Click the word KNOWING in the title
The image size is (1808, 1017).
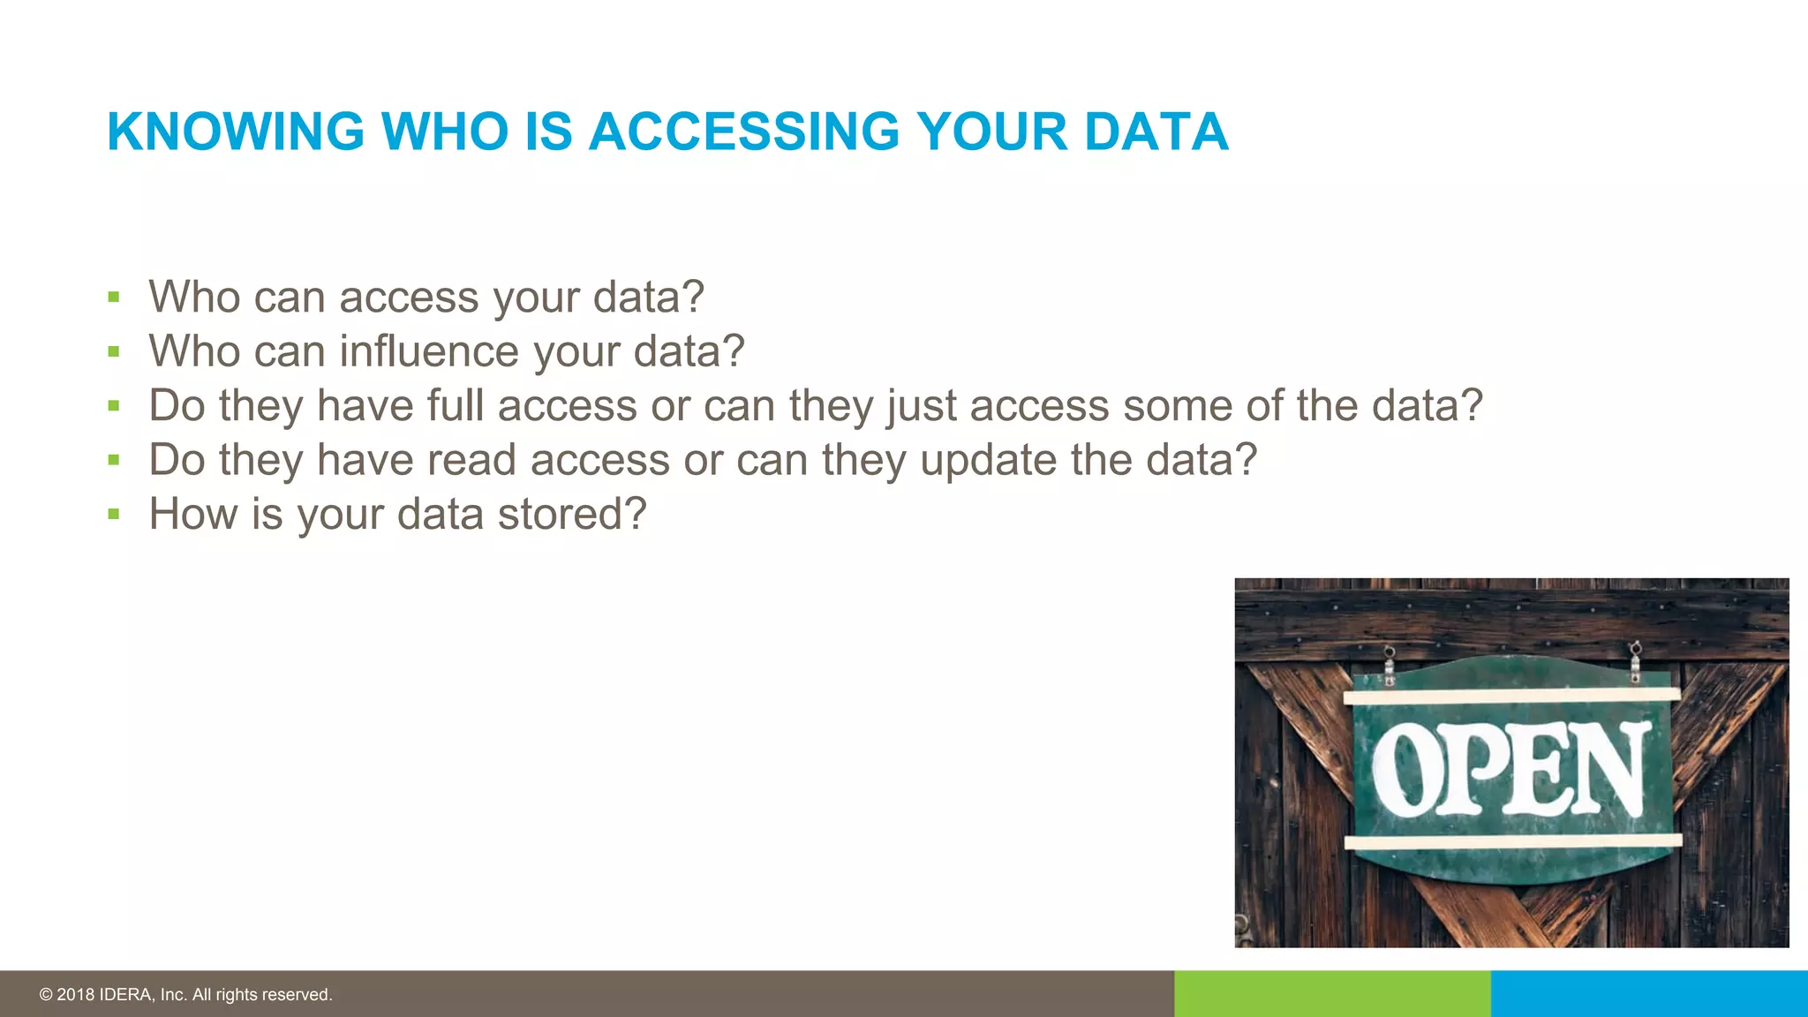[x=236, y=132]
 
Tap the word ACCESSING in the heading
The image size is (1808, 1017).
[x=744, y=132]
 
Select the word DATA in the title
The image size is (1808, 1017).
[x=1156, y=132]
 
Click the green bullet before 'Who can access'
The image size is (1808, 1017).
[x=113, y=298]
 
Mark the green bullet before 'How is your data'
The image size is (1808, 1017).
[x=113, y=515]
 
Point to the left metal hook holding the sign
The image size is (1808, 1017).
[x=1390, y=665]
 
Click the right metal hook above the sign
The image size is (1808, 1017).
[x=1635, y=661]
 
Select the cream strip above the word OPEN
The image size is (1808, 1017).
[x=1511, y=697]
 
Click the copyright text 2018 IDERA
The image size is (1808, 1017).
[x=185, y=995]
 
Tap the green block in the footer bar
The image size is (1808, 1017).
[x=1332, y=994]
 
